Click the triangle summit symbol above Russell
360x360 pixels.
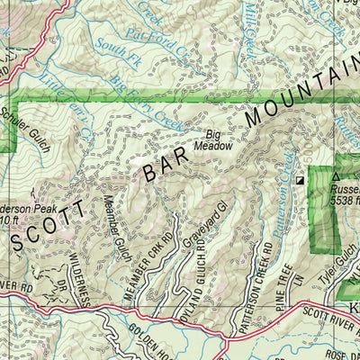336,177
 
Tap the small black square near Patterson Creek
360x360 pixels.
300,182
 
